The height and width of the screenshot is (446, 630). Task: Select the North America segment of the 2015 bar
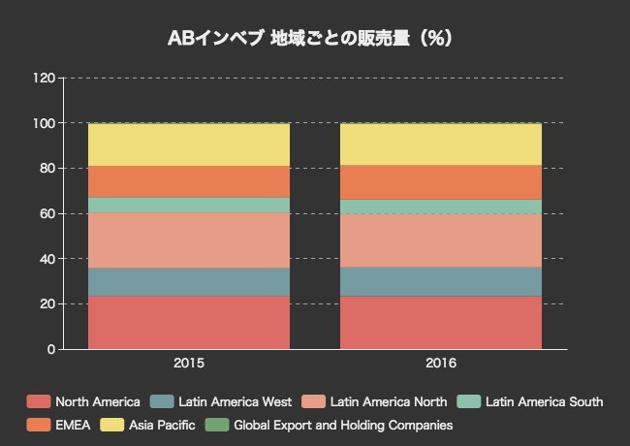[189, 322]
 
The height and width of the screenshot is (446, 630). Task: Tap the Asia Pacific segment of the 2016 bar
[441, 144]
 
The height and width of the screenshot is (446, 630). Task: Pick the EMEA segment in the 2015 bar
[189, 181]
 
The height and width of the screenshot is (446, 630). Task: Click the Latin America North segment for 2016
[441, 240]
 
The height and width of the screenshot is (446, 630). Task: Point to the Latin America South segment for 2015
[189, 205]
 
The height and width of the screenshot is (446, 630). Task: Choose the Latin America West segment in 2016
[441, 281]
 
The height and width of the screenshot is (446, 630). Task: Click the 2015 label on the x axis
[189, 364]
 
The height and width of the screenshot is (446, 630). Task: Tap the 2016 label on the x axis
[441, 364]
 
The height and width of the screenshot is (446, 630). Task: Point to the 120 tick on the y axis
[45, 78]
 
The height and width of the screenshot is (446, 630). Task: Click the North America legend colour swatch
[38, 401]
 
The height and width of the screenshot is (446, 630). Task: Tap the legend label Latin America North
[389, 401]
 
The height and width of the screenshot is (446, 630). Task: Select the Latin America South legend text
[544, 401]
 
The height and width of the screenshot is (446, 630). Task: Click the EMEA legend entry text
[73, 425]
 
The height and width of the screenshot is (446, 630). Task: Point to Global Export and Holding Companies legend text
[343, 425]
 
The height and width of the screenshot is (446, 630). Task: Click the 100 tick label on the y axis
[45, 123]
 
